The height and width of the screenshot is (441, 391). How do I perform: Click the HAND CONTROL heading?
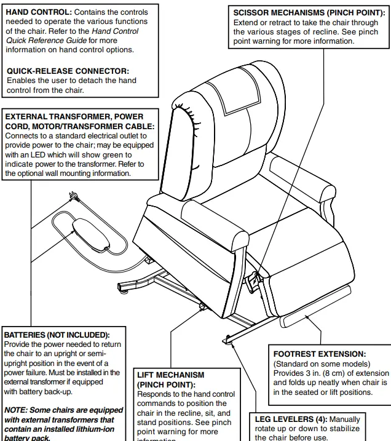pos(38,12)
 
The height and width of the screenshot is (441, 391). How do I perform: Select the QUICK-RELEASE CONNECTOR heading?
pos(68,71)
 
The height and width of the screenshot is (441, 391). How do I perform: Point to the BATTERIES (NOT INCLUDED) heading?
pos(57,335)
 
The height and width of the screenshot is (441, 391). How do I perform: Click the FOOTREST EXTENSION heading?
pos(320,354)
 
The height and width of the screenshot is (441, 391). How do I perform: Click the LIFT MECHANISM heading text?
pos(171,375)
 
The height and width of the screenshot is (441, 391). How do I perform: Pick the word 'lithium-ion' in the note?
pos(93,429)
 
